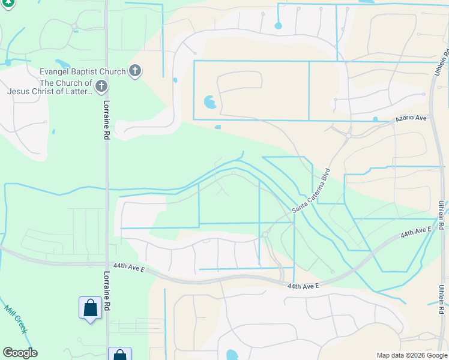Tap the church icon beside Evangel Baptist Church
(x=135, y=71)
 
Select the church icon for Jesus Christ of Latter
(x=101, y=87)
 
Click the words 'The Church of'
(x=66, y=83)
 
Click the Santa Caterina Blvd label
(x=312, y=191)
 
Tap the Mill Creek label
(x=16, y=319)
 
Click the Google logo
(x=20, y=353)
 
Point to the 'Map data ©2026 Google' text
(x=411, y=355)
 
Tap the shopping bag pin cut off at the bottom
(x=119, y=354)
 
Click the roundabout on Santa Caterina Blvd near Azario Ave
(x=348, y=136)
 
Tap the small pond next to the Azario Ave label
(x=375, y=119)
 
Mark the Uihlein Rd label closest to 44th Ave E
(x=441, y=214)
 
